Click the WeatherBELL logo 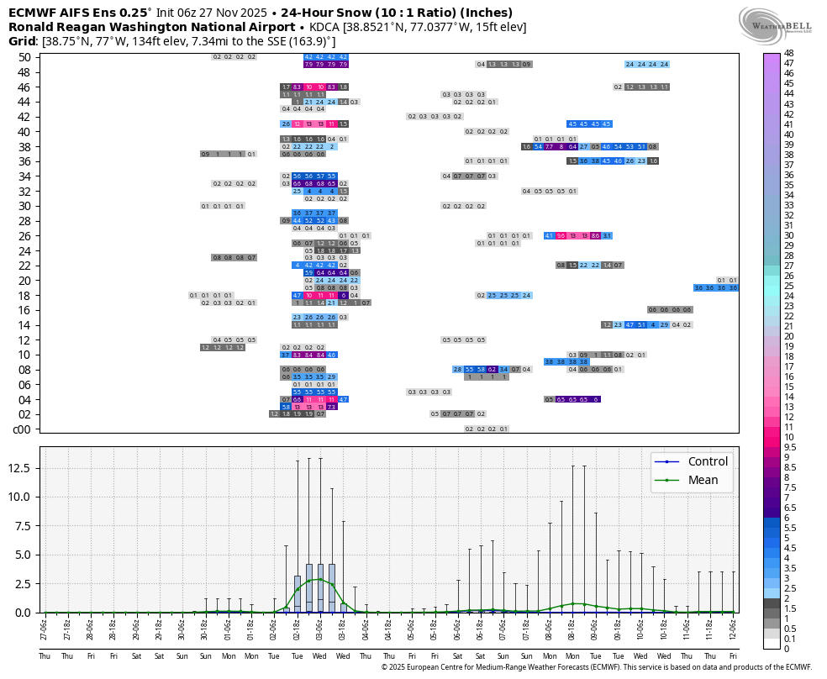click(776, 22)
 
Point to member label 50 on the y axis click(24, 57)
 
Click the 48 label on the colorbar click(789, 53)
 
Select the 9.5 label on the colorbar click(791, 447)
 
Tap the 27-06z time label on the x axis click(45, 628)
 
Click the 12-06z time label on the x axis click(733, 628)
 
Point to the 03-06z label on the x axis click(319, 628)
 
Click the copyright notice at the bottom click(596, 667)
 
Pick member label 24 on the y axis click(24, 250)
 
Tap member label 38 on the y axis click(24, 146)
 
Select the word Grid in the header click(23, 41)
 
